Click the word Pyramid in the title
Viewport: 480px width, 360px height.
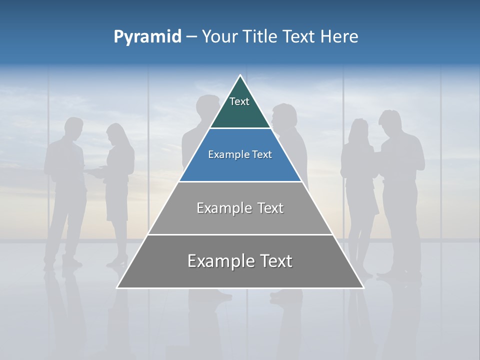click(147, 36)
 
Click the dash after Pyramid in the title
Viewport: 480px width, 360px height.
click(191, 36)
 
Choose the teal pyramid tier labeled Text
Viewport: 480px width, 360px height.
click(240, 107)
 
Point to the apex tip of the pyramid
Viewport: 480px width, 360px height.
click(240, 75)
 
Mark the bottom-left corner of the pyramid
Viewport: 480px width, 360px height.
click(117, 287)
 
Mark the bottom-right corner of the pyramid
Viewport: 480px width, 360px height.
click(363, 287)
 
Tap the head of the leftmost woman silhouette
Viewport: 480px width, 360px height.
click(116, 134)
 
